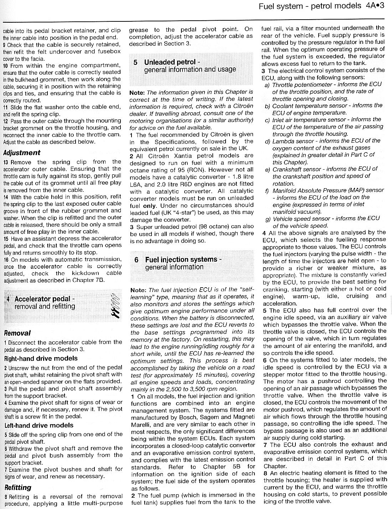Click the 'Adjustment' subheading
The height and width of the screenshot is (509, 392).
tap(21, 153)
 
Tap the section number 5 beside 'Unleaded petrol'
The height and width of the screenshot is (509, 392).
tap(135, 62)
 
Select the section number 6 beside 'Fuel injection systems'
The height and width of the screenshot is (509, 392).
tap(136, 260)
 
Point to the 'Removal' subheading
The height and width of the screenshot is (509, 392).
tap(17, 333)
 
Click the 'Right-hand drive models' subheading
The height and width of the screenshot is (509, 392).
tap(41, 359)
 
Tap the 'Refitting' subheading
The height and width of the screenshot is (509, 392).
tap(18, 487)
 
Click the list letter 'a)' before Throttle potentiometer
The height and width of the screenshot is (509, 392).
tap(267, 84)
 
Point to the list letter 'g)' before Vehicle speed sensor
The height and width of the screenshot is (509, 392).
tap(268, 218)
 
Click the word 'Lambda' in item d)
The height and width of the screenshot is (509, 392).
tap(283, 141)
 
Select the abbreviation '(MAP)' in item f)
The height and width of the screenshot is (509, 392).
tap(356, 190)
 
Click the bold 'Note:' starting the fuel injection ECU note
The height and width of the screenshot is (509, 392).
tap(138, 290)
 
